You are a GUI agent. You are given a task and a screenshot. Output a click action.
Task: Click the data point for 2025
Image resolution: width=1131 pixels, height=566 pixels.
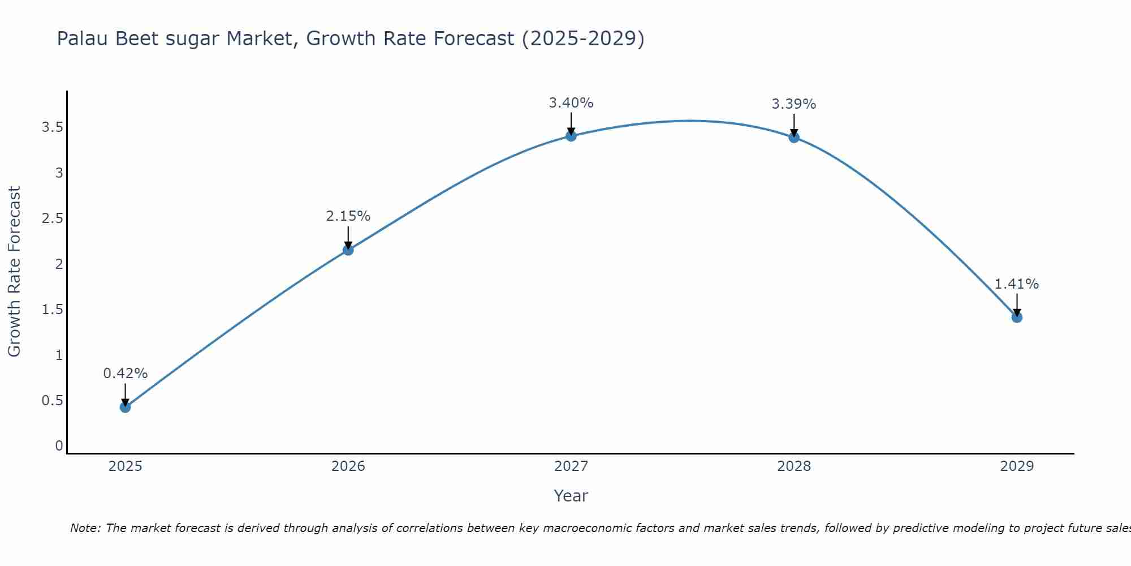tap(126, 407)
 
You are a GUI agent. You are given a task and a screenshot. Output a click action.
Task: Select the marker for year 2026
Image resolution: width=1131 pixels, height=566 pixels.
tap(348, 250)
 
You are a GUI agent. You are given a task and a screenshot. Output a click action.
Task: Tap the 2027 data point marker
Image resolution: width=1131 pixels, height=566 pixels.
tap(571, 136)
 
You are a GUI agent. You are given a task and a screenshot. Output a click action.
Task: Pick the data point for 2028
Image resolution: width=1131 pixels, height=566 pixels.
tap(794, 137)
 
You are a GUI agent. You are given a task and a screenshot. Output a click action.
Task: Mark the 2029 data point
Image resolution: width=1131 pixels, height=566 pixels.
tap(1017, 317)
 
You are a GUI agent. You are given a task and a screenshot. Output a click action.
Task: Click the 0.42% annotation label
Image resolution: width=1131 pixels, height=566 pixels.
tap(126, 374)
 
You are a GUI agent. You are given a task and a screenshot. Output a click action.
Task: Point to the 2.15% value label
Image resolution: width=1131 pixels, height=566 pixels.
tap(348, 216)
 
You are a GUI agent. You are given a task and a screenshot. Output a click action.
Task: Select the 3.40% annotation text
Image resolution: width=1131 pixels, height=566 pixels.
tap(571, 103)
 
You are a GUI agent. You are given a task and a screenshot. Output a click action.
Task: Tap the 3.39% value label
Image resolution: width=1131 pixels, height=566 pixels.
tap(794, 104)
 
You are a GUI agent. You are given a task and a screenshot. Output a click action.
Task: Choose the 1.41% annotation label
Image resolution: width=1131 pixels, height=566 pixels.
tap(1017, 284)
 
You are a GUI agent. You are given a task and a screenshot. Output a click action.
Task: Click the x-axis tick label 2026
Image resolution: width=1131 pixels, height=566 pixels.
tap(348, 466)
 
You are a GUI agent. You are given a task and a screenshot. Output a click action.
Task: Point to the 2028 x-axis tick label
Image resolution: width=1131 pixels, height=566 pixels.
tap(794, 466)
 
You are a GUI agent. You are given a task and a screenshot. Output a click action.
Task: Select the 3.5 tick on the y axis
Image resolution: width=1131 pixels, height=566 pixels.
tap(52, 127)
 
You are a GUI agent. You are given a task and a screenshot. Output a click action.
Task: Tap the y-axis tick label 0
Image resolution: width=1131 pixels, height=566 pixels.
tap(59, 446)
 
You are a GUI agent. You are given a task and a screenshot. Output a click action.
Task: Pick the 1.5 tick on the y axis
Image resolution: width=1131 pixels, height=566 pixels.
tap(52, 310)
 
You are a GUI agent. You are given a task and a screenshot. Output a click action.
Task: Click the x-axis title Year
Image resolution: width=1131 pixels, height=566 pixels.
tap(571, 496)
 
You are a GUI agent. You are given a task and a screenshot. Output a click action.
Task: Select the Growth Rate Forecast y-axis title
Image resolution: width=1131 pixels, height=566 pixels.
tap(14, 272)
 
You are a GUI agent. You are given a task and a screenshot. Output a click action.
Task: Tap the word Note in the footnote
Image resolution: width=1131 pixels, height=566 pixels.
tap(85, 528)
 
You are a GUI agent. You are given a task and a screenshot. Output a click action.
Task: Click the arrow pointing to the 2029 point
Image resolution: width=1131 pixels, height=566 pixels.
tap(1017, 305)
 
